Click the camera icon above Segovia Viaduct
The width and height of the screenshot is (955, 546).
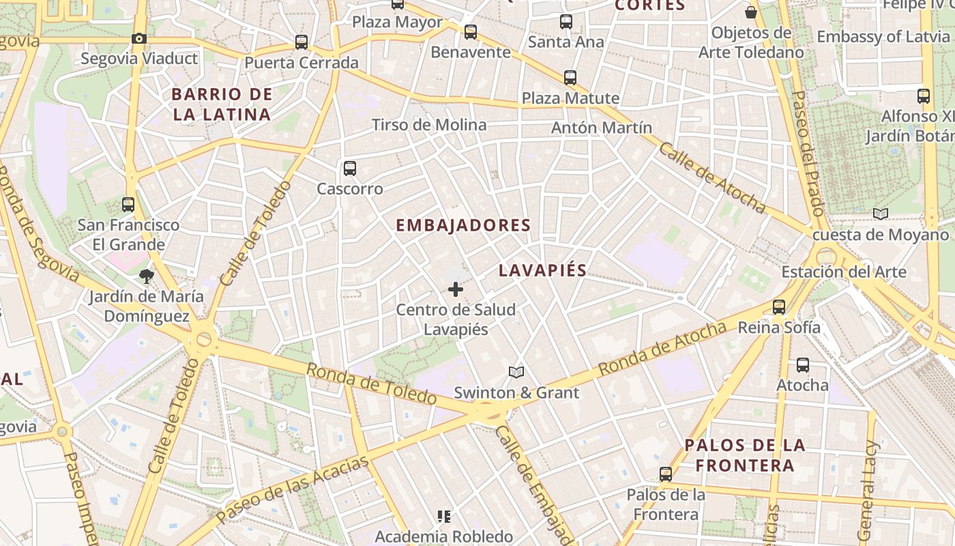139,39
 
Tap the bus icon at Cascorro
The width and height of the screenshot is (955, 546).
350,168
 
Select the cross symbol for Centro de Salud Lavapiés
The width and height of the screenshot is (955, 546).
456,289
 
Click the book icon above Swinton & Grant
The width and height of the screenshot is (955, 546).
516,373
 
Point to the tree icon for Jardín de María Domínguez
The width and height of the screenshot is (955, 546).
146,276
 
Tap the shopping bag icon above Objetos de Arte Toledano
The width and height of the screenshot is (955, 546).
751,12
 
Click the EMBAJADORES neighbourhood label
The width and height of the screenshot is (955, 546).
463,225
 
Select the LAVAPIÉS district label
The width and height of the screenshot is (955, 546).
542,270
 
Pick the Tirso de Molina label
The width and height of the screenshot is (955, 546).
429,125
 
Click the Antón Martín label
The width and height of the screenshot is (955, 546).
602,128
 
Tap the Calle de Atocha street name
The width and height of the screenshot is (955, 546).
711,178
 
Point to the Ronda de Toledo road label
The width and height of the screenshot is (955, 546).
371,383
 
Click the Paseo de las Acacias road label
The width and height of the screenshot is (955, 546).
293,491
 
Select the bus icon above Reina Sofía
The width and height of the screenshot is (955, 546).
779,307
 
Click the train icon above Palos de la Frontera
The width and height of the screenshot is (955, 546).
665,474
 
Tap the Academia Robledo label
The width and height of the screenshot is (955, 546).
444,536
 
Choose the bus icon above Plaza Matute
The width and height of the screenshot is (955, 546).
570,78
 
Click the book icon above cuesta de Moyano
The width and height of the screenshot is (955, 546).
881,214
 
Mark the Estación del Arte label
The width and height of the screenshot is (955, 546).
844,272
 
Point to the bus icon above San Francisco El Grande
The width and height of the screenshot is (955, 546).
128,204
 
